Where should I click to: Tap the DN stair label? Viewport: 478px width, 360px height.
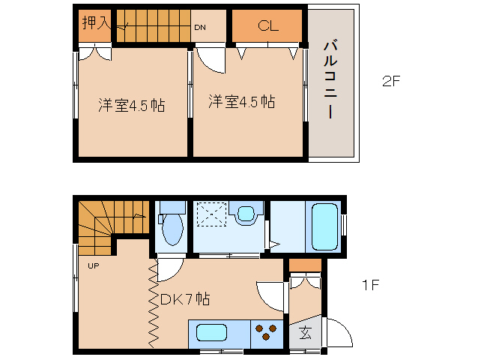[200, 28]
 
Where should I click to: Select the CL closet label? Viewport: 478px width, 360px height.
[268, 25]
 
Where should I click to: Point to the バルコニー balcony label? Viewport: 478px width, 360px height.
[330, 79]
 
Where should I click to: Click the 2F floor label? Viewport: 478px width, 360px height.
[391, 81]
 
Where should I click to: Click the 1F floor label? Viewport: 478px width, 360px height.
[370, 285]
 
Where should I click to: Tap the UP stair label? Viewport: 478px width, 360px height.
[94, 265]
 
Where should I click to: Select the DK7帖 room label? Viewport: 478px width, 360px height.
[185, 299]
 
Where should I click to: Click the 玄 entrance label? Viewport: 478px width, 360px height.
[305, 332]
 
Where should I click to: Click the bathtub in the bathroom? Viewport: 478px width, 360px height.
[325, 226]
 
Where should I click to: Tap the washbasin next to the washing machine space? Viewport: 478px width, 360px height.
[246, 214]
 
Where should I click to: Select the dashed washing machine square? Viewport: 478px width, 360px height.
[211, 214]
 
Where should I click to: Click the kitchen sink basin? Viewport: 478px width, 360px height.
[211, 333]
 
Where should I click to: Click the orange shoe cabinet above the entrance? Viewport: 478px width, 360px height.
[305, 265]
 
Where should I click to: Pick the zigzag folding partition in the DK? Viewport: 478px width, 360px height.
[154, 304]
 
